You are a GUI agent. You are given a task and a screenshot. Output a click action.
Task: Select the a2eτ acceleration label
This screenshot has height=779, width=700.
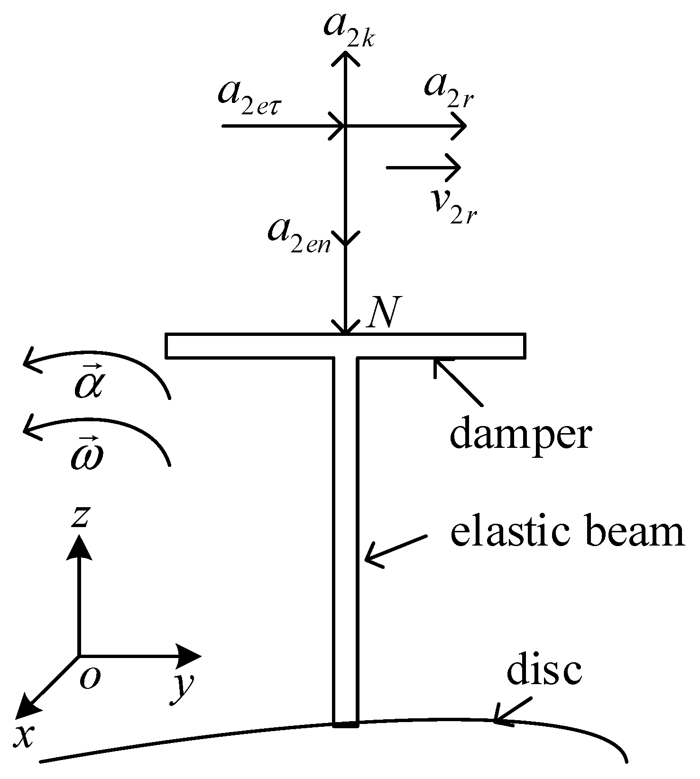click(254, 97)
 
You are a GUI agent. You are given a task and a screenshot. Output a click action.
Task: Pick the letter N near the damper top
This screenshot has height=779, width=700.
click(385, 313)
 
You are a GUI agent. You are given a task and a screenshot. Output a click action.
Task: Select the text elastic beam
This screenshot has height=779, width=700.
click(567, 533)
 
